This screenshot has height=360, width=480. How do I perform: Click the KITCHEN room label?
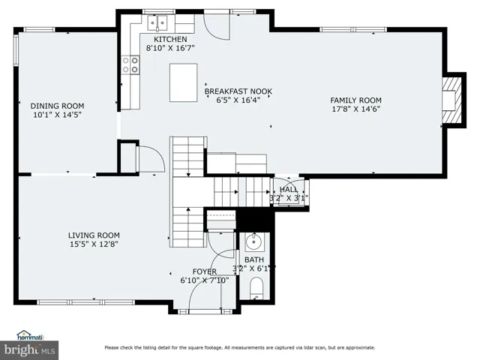170,40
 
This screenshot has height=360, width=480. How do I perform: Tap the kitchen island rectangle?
183,82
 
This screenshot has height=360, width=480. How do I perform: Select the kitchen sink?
157,23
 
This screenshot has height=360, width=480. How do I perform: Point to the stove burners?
130,65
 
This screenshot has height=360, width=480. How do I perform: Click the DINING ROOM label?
57,106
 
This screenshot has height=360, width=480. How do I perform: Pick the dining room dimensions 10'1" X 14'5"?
57,115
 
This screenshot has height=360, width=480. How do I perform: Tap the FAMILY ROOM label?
355,100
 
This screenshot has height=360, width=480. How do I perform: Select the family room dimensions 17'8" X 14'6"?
356,109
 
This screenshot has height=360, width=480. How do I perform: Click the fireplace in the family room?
454,100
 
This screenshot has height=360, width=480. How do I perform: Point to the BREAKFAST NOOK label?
238,91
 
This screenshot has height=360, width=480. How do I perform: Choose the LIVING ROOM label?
94,235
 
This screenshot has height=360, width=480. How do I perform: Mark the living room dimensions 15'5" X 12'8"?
94,244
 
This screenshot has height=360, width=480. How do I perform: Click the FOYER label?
205,271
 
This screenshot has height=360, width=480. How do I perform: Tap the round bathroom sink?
253,241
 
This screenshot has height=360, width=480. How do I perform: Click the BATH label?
254,260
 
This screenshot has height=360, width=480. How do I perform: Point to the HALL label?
288,190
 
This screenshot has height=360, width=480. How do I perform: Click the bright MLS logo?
29,350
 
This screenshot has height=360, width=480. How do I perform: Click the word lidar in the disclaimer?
310,348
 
